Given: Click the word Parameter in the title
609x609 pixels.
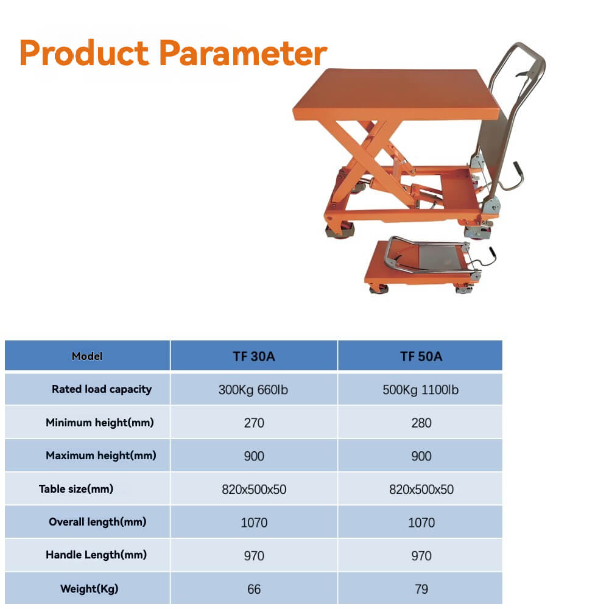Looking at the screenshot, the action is pyautogui.click(x=244, y=53).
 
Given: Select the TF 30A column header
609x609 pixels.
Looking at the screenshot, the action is pyautogui.click(x=253, y=356).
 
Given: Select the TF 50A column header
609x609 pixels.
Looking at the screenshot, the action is pyautogui.click(x=421, y=356).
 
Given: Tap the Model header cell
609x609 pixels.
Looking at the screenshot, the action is pyautogui.click(x=87, y=356).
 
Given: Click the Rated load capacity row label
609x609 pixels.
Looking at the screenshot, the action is pyautogui.click(x=102, y=389).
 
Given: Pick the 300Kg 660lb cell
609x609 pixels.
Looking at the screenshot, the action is pyautogui.click(x=253, y=390).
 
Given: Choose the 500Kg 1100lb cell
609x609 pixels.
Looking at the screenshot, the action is pyautogui.click(x=421, y=390).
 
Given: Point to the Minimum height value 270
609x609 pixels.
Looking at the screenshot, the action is pyautogui.click(x=254, y=423).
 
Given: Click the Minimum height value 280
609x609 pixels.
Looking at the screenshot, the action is pyautogui.click(x=421, y=423).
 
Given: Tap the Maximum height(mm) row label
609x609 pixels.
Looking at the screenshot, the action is pyautogui.click(x=101, y=456).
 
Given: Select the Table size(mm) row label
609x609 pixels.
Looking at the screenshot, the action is pyautogui.click(x=76, y=489).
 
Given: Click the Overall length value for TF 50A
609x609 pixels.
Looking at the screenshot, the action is pyautogui.click(x=421, y=523).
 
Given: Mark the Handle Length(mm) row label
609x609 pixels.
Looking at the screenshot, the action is pyautogui.click(x=96, y=555).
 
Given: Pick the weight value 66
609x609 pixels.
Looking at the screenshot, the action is pyautogui.click(x=254, y=589).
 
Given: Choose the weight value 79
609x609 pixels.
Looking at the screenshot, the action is pyautogui.click(x=421, y=589).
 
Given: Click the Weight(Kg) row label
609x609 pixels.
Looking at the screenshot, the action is pyautogui.click(x=90, y=589).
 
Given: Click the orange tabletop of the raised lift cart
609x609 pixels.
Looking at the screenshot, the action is pyautogui.click(x=395, y=94).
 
